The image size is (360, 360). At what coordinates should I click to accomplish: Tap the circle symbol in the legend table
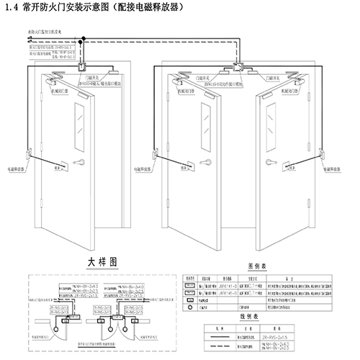tap(191, 305)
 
